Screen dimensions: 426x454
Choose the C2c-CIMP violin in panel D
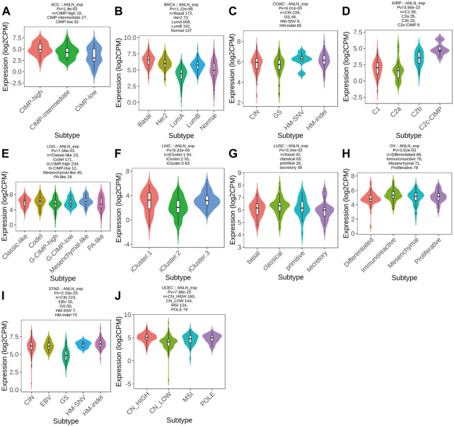pos(440,49)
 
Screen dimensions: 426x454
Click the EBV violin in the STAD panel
pos(49,345)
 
